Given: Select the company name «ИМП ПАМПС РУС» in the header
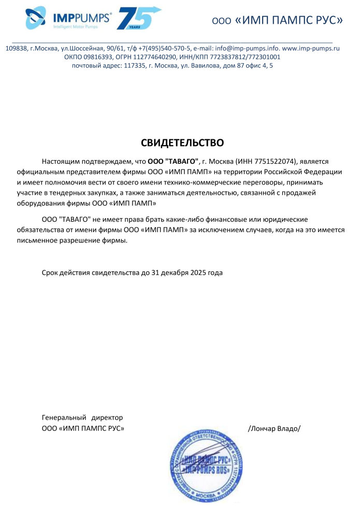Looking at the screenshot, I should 289,21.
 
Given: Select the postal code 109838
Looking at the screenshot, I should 16,48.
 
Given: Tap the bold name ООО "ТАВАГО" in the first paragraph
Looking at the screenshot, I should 174,162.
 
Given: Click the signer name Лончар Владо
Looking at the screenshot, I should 275,428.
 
